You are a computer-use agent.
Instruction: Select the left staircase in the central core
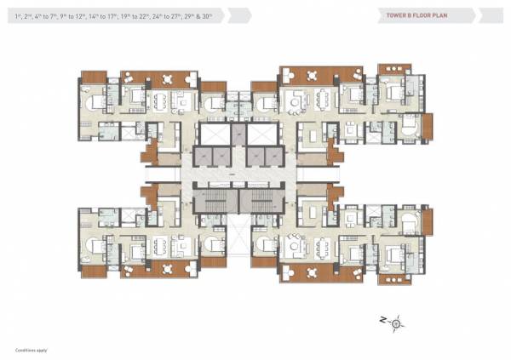tap(210, 203)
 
